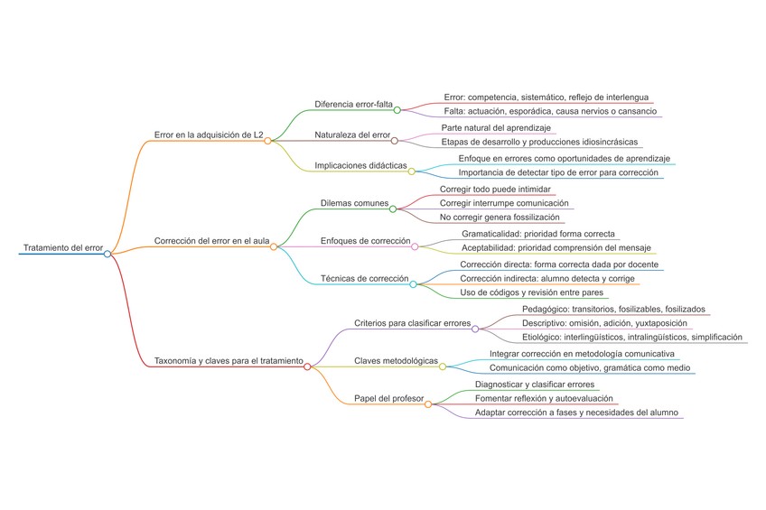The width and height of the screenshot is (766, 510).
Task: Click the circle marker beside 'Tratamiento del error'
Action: point(107,255)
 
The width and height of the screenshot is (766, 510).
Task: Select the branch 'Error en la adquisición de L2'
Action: point(209,134)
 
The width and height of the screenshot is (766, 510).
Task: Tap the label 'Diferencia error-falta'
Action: point(353,104)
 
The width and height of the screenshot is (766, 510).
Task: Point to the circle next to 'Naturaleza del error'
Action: point(395,141)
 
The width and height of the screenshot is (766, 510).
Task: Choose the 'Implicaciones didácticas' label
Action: point(360,165)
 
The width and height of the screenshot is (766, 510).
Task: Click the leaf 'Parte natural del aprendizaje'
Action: point(496,128)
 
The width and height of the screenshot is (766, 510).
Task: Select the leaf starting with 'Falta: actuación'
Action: point(550,111)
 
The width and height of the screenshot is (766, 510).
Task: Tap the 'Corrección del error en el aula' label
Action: point(212,241)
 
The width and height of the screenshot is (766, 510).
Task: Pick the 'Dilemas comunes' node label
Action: point(354,203)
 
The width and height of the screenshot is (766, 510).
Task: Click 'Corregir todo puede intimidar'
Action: point(496,190)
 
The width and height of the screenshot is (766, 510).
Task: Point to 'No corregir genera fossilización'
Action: point(500,218)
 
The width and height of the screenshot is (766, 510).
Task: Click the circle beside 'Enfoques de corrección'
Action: point(415,246)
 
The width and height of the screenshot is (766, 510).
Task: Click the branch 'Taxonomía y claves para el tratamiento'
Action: point(229,361)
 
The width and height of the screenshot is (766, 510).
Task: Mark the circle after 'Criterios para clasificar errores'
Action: point(475,329)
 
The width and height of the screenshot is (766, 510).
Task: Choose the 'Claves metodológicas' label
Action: point(396,361)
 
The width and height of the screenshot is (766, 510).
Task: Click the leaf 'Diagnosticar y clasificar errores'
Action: point(535,385)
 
